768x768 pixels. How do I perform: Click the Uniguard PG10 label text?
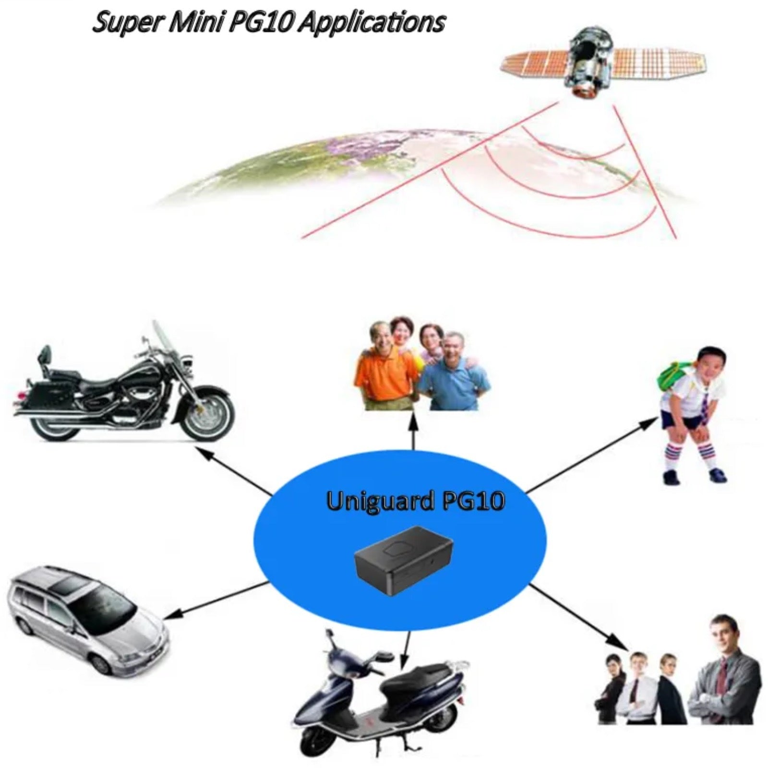415,501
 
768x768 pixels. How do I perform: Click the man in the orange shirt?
379,370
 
